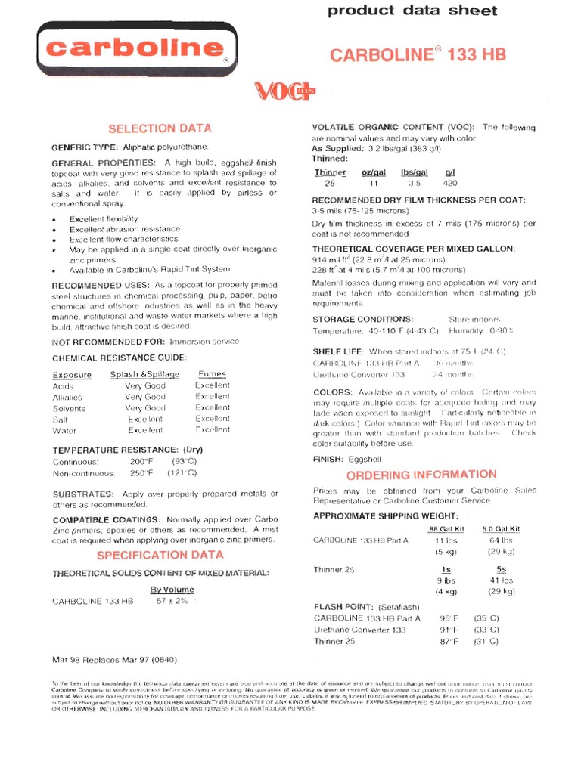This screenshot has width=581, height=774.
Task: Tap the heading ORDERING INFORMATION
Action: (x=421, y=475)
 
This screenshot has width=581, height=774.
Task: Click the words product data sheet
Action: (x=412, y=11)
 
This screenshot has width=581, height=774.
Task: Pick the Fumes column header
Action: (x=212, y=374)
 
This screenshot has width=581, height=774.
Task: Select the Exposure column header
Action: (x=72, y=375)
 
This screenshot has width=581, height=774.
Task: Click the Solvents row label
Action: (x=70, y=408)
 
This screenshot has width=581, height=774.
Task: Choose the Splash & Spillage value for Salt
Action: (x=145, y=419)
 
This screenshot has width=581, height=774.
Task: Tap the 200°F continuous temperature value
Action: (x=141, y=462)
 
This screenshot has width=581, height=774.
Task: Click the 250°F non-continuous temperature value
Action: (x=141, y=473)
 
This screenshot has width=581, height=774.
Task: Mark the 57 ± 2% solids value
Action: (x=172, y=601)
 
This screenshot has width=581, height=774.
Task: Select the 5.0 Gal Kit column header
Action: (x=501, y=529)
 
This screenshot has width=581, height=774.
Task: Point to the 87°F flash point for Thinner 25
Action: (x=450, y=641)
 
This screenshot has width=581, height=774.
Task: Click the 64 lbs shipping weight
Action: (x=501, y=540)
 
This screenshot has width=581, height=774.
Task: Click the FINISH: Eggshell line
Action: (x=347, y=459)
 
